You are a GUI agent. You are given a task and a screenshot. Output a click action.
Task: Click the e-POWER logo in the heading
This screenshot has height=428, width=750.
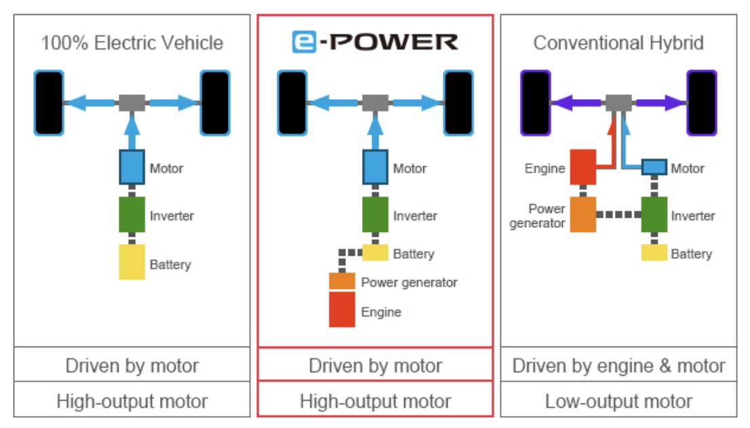pos(375,42)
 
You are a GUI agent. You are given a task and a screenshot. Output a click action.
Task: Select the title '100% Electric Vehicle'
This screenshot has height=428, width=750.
pos(132,43)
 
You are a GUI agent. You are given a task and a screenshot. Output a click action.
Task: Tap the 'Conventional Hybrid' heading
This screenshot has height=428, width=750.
pos(618,43)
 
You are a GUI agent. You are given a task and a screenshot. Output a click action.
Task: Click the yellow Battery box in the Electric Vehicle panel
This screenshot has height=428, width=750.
pos(132,262)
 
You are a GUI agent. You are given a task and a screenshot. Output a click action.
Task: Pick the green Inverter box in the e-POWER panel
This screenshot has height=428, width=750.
pos(375,215)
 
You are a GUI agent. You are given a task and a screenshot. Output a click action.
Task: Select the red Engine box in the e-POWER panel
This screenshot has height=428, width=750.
pos(342,310)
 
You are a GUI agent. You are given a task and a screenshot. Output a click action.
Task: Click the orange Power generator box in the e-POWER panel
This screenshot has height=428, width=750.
pos(342,281)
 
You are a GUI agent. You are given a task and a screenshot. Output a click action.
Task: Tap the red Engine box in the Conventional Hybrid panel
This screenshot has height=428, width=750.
pos(583,167)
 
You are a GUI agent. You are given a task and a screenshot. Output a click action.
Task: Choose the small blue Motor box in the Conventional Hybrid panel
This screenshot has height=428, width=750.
pos(654,167)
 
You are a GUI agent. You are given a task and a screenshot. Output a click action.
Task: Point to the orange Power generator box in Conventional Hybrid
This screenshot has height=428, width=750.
pos(583,214)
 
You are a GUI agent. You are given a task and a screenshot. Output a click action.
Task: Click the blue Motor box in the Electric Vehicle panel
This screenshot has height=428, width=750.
pos(132,167)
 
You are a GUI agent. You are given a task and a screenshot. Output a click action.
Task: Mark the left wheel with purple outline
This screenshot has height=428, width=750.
pos(534,103)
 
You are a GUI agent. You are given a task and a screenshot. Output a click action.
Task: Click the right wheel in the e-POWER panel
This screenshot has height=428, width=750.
pos(458,103)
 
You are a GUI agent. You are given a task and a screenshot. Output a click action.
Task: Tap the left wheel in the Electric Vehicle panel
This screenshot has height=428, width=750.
pos(49,103)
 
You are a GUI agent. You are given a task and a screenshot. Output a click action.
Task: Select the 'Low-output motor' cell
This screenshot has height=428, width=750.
pos(618,401)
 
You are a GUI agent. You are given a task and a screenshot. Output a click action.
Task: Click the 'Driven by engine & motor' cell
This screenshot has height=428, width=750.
pos(618,366)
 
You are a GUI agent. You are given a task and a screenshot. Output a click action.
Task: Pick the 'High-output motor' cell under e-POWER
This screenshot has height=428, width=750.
pos(375,401)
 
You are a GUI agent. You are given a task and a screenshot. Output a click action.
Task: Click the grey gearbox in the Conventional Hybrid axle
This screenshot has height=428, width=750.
pos(618,103)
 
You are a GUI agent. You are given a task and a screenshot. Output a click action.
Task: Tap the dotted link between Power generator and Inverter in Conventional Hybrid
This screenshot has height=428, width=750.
pos(618,215)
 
